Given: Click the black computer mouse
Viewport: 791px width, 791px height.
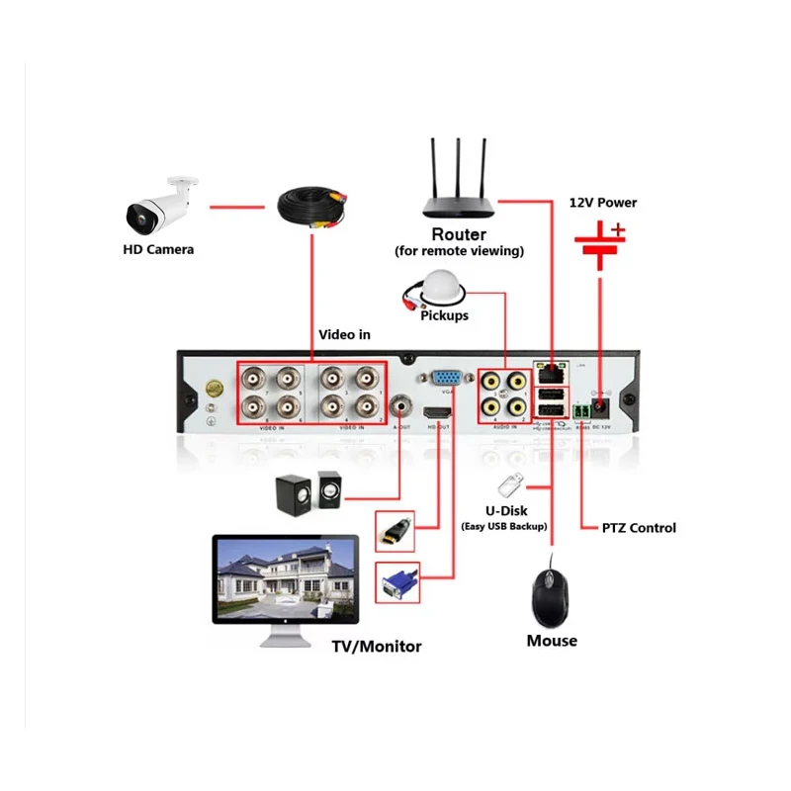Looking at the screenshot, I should pos(551,593).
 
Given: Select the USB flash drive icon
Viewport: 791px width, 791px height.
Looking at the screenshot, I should pos(511,485).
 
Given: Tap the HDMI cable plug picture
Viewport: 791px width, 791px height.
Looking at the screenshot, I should pos(396,531).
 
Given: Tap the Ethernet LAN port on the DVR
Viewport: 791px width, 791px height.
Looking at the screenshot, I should pos(550,373).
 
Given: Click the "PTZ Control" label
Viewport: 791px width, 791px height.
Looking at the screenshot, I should pos(639,528).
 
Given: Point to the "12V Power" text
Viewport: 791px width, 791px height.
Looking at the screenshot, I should pos(603,203).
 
